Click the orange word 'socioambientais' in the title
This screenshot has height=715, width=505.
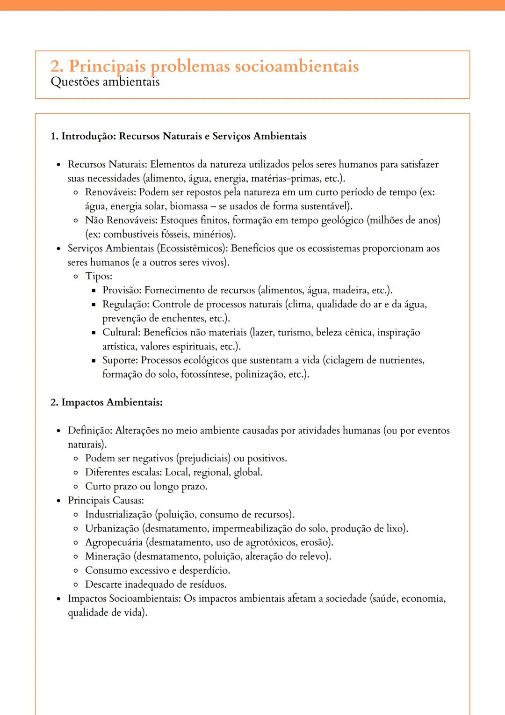[x=296, y=66]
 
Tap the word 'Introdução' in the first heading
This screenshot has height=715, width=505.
[x=88, y=136]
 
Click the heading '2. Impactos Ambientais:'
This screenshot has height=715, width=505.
[x=107, y=402]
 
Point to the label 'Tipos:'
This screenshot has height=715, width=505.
[x=99, y=276]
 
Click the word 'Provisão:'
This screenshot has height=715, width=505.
[x=122, y=290]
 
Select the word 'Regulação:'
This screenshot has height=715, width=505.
[x=126, y=304]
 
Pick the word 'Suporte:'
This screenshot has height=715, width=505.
[x=120, y=360]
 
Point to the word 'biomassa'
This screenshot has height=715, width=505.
[x=188, y=206]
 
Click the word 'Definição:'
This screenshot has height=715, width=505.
[x=90, y=430]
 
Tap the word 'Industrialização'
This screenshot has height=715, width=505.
[x=118, y=515]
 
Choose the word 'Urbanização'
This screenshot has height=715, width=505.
[x=112, y=529]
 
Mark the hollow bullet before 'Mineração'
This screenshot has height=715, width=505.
[x=76, y=557]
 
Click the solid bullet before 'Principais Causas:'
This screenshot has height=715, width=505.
[x=58, y=501]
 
